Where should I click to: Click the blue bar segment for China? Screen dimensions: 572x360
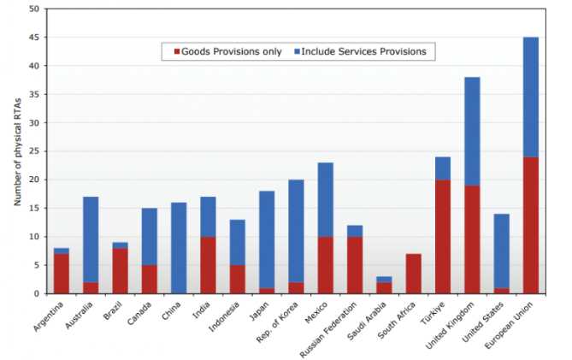pos(179,248)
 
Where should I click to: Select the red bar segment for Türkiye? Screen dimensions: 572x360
pos(443,237)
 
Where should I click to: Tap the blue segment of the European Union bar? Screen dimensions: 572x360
pos(531,97)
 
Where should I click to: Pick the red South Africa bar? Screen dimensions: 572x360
pos(413,274)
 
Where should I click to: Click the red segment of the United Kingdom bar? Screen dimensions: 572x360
pos(472,239)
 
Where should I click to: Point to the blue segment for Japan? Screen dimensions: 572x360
pos(267,239)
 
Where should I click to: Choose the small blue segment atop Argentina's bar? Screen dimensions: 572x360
pos(62,251)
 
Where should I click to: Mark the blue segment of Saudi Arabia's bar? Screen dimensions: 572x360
pos(384,280)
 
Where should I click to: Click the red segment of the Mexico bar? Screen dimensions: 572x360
pos(326,265)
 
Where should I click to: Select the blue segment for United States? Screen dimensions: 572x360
pos(502,251)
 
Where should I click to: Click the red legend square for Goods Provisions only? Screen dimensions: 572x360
pos(177,52)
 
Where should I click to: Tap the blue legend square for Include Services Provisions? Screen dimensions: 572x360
pos(297,52)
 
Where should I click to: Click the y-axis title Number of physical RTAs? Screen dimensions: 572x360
pos(17,151)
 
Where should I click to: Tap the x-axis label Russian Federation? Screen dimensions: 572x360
pos(327,329)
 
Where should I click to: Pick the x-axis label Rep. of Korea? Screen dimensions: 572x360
pos(276,322)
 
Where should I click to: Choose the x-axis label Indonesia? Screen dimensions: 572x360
pos(224,316)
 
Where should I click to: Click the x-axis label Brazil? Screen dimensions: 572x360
pos(112,310)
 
